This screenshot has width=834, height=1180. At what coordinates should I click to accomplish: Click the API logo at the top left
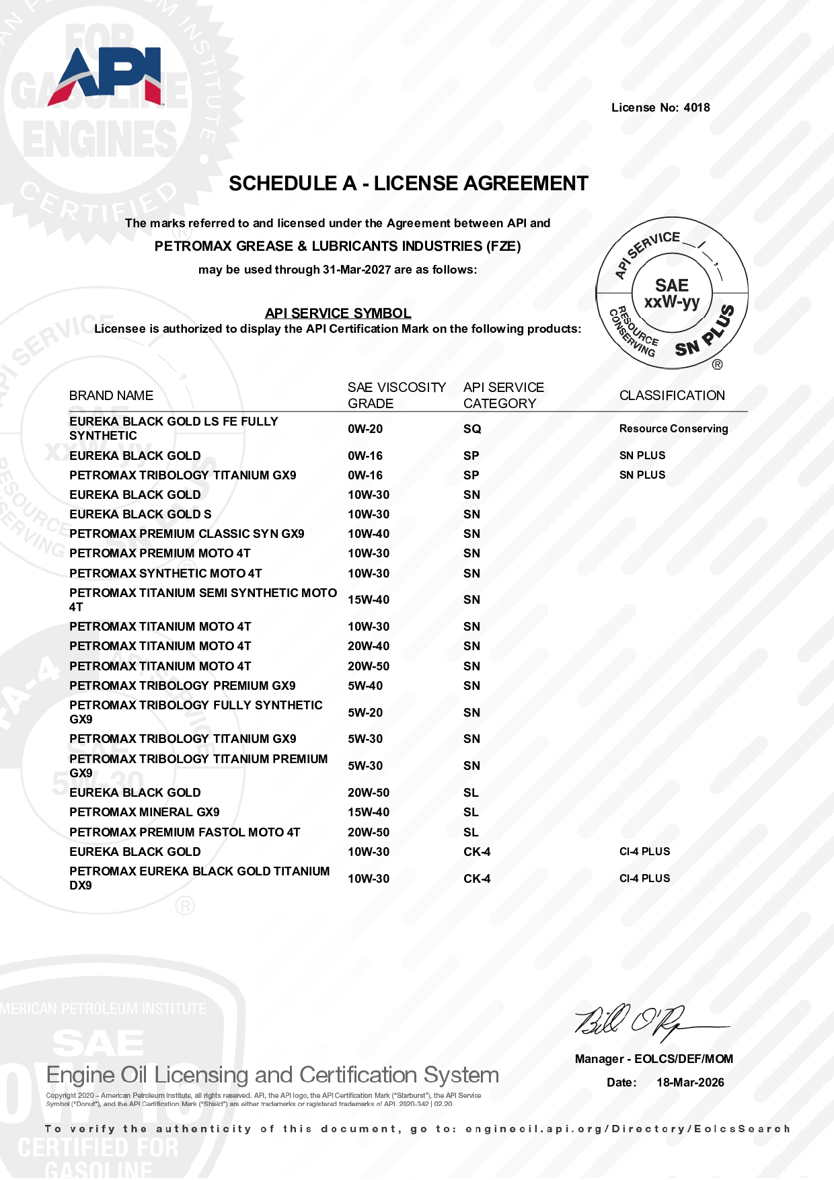click(106, 75)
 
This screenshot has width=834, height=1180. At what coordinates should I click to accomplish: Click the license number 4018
click(696, 108)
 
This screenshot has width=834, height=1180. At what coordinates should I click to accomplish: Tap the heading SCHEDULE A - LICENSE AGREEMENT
click(408, 184)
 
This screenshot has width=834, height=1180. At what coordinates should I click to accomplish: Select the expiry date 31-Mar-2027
click(356, 270)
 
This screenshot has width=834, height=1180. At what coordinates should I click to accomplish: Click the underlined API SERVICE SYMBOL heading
click(338, 313)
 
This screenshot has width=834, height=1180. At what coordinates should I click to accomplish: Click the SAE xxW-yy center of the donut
click(672, 294)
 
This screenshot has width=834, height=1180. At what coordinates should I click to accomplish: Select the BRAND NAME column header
click(111, 395)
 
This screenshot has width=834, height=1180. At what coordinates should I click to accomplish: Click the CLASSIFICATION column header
click(672, 395)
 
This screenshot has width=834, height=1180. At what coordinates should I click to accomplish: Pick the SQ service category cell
click(472, 429)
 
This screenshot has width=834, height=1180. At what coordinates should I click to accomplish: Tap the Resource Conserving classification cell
click(673, 429)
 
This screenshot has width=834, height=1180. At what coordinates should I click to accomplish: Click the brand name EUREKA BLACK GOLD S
click(140, 514)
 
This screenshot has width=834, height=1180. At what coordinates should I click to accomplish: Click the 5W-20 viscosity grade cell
click(365, 713)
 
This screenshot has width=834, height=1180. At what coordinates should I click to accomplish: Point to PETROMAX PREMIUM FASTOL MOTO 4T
click(184, 832)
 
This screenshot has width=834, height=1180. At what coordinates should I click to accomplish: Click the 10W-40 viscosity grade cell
click(368, 534)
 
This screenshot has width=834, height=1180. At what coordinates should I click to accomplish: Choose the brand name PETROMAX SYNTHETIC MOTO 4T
click(165, 574)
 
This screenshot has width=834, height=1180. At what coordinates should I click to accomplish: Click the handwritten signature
click(646, 1022)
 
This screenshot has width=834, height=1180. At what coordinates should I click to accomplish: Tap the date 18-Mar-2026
click(690, 1083)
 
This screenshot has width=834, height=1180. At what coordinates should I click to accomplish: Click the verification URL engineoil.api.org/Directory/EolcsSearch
click(627, 1129)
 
